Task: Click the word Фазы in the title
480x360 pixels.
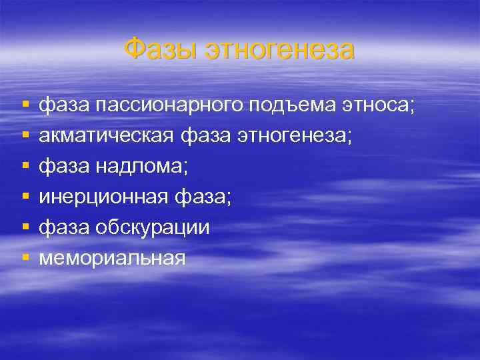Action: [x=161, y=50]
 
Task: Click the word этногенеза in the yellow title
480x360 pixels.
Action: [x=280, y=50]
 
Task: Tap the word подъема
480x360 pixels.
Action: [x=295, y=105]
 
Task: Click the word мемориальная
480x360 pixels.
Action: [x=111, y=258]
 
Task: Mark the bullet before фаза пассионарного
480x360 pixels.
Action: [x=25, y=105]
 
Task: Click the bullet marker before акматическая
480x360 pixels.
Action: [x=25, y=136]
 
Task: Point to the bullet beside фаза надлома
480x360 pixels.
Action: [x=25, y=167]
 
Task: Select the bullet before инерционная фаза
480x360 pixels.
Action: [x=25, y=197]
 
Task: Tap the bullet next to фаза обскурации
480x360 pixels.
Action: [x=25, y=228]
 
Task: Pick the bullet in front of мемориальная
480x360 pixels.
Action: [x=25, y=258]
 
